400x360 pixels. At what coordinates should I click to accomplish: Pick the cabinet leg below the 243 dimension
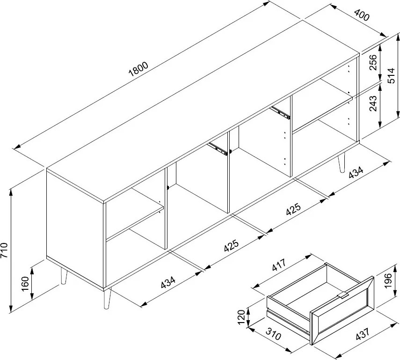(341, 162)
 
